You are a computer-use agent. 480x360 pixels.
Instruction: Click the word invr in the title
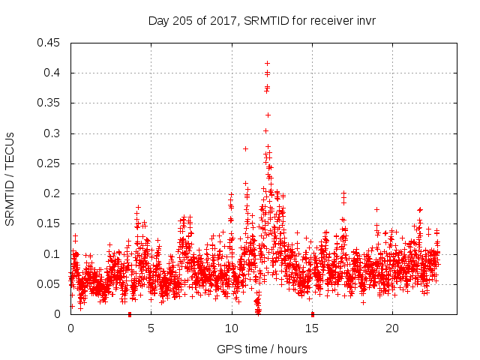click(x=365, y=20)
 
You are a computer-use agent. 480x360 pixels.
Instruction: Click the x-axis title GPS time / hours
click(x=262, y=349)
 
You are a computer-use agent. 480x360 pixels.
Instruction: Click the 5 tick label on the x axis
click(x=151, y=328)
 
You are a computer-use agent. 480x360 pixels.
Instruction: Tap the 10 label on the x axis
click(x=231, y=328)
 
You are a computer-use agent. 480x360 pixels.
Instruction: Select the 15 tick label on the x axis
click(x=311, y=328)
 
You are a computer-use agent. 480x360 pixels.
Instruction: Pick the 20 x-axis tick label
click(x=392, y=328)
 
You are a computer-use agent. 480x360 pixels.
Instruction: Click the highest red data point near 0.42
click(x=267, y=63)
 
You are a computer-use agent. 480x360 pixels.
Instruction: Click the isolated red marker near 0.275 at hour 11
click(x=245, y=148)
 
